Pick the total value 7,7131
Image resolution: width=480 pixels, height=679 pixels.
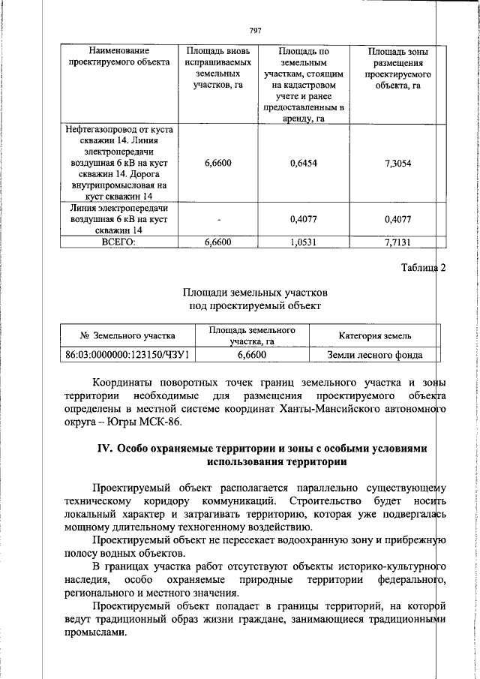397,242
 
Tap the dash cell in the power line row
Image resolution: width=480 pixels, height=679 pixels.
217,220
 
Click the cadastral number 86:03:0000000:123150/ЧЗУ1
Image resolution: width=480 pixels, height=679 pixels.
127,355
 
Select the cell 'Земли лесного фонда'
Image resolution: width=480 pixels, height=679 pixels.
375,355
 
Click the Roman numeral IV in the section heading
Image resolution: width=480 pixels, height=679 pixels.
104,448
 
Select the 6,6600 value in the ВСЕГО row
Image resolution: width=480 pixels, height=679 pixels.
217,242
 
